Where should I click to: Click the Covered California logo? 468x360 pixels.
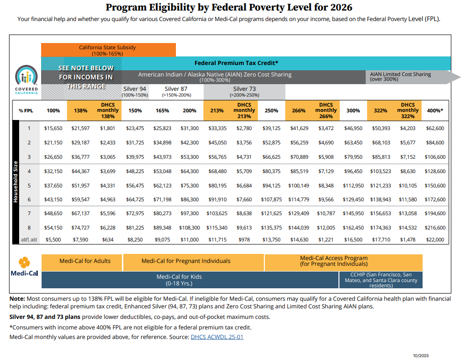pos(26,79)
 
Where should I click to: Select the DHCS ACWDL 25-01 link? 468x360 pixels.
pos(217,337)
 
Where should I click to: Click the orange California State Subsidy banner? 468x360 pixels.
pos(109,50)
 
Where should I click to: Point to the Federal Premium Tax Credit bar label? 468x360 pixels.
pos(236,63)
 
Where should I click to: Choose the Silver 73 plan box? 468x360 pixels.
pos(244,92)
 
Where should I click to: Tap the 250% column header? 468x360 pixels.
pos(272,110)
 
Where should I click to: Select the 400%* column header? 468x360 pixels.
pos(435,110)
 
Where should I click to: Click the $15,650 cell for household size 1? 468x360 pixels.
pos(53,128)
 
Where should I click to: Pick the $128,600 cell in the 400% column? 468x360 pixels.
pos(435,171)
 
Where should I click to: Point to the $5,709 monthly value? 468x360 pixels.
pos(244,171)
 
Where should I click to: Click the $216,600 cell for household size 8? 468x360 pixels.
pos(435,228)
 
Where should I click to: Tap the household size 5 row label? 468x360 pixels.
pos(29,185)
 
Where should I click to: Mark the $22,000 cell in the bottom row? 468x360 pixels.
pos(435,240)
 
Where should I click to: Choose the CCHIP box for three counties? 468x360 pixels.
pos(381,280)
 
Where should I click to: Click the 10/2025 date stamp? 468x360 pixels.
pos(421,356)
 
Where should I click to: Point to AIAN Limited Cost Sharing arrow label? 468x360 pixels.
pos(400,76)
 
